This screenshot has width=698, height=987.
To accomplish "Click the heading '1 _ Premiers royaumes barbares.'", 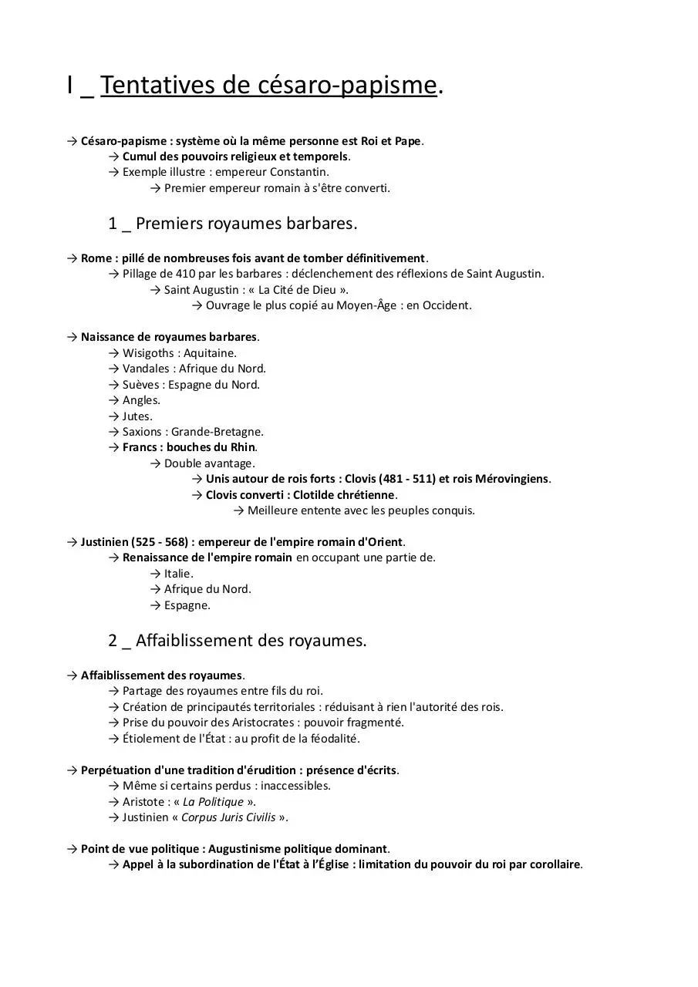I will [233, 224].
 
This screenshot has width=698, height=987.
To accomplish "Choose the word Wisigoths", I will [148, 353].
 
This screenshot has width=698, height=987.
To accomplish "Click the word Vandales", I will [146, 369].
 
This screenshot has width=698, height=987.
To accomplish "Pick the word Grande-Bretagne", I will [217, 432].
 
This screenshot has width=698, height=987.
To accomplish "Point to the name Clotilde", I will [317, 495].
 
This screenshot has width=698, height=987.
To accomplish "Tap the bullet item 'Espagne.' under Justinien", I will [187, 605].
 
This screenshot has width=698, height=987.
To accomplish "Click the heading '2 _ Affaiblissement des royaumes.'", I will [238, 641].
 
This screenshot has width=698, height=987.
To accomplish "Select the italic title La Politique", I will [213, 802].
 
